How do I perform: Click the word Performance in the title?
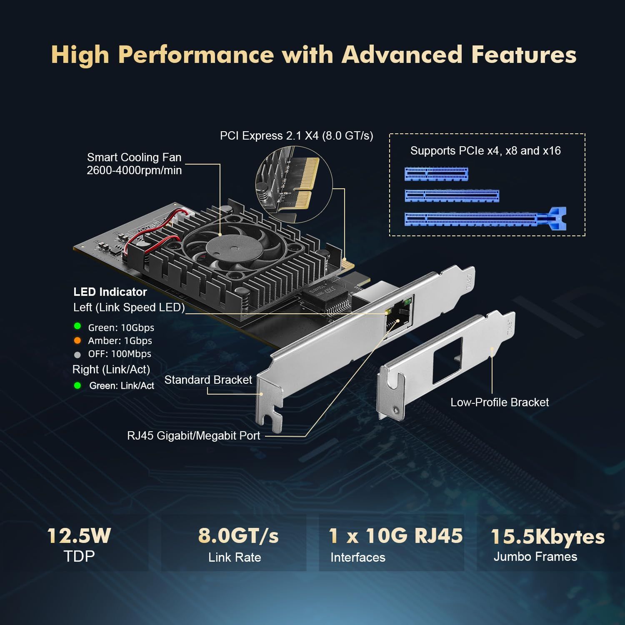tap(196, 55)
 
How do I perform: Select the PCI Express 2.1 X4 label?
tap(296, 136)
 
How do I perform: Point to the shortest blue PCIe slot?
tap(436, 174)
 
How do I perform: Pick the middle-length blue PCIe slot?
tap(452, 195)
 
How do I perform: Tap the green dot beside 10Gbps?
tap(77, 326)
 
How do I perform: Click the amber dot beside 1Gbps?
tap(77, 340)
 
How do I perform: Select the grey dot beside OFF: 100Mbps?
tap(77, 355)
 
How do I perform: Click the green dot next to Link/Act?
tap(77, 385)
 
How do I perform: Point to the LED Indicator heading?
tap(110, 292)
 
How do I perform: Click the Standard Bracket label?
tap(208, 380)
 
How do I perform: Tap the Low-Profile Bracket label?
tap(500, 402)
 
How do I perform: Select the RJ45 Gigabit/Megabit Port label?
tap(193, 436)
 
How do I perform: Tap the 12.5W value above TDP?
tap(79, 536)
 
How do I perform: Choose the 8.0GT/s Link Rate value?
tap(238, 536)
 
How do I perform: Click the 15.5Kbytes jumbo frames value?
tap(547, 537)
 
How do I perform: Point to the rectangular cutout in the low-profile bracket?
tap(447, 361)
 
